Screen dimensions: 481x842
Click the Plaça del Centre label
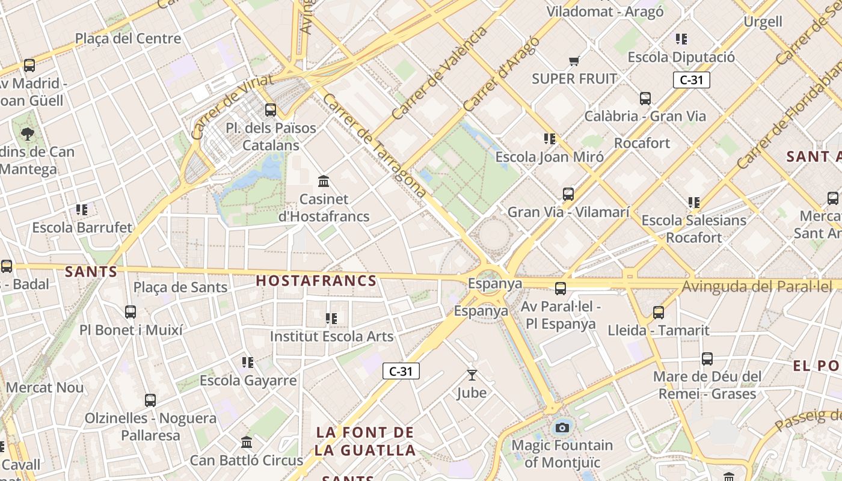(x=128, y=38)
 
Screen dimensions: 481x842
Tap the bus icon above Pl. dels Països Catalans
(x=271, y=110)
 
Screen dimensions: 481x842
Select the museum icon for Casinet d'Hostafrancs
(x=324, y=181)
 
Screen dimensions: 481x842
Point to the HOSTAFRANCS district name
(x=316, y=281)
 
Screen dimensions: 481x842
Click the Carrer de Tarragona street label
(x=374, y=146)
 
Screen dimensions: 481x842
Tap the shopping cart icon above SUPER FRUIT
(x=574, y=61)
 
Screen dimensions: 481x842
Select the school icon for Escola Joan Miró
(x=549, y=139)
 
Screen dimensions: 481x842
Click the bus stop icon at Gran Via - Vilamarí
(x=568, y=194)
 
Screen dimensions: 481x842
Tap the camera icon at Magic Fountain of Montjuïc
(x=562, y=427)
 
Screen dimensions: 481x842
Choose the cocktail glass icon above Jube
(x=472, y=375)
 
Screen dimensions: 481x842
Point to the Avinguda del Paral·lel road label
(x=761, y=287)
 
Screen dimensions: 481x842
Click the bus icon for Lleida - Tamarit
(x=659, y=313)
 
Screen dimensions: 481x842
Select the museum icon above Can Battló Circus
(x=247, y=443)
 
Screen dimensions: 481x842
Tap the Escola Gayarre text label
(x=248, y=381)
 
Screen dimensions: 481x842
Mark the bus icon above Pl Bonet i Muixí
(x=131, y=312)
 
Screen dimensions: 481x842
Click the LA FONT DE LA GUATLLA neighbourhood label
(x=366, y=441)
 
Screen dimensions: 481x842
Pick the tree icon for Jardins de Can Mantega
(x=28, y=133)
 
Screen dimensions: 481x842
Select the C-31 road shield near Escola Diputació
(x=692, y=80)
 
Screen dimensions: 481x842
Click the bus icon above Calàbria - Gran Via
(x=645, y=99)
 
